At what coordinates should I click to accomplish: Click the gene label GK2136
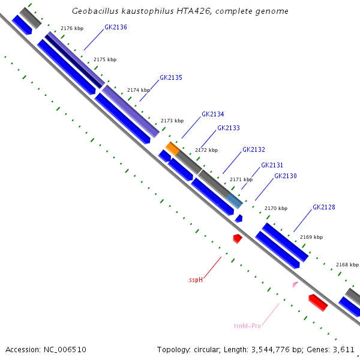click(x=116, y=27)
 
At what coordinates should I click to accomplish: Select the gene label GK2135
click(x=171, y=78)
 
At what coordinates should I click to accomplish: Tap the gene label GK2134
click(x=213, y=114)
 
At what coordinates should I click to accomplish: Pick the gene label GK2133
click(x=229, y=128)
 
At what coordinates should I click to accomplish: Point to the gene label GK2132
click(x=254, y=149)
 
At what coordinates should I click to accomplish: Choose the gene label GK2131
click(x=272, y=165)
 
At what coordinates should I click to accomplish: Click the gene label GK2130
click(x=286, y=176)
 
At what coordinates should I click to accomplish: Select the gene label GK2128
click(x=324, y=208)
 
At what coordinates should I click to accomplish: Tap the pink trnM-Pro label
click(x=247, y=326)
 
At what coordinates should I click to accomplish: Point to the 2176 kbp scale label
click(x=72, y=28)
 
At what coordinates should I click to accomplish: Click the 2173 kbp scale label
click(x=172, y=121)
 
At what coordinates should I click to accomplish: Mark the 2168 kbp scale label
click(x=347, y=265)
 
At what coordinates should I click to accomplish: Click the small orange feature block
click(x=173, y=148)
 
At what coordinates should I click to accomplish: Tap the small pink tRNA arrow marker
click(x=295, y=284)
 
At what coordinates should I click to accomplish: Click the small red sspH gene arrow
click(x=238, y=238)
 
